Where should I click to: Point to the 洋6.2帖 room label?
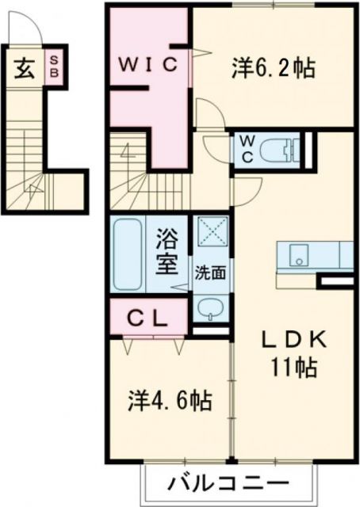pos(274,67)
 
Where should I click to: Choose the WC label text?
pos(247,149)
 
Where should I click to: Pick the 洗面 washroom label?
pos(211,272)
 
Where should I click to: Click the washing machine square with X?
pos(212,234)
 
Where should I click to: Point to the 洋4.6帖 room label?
pos(170,401)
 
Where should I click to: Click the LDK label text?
pos(294,340)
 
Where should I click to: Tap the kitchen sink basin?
pos(299,256)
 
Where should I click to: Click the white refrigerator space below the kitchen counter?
pos(336,281)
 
